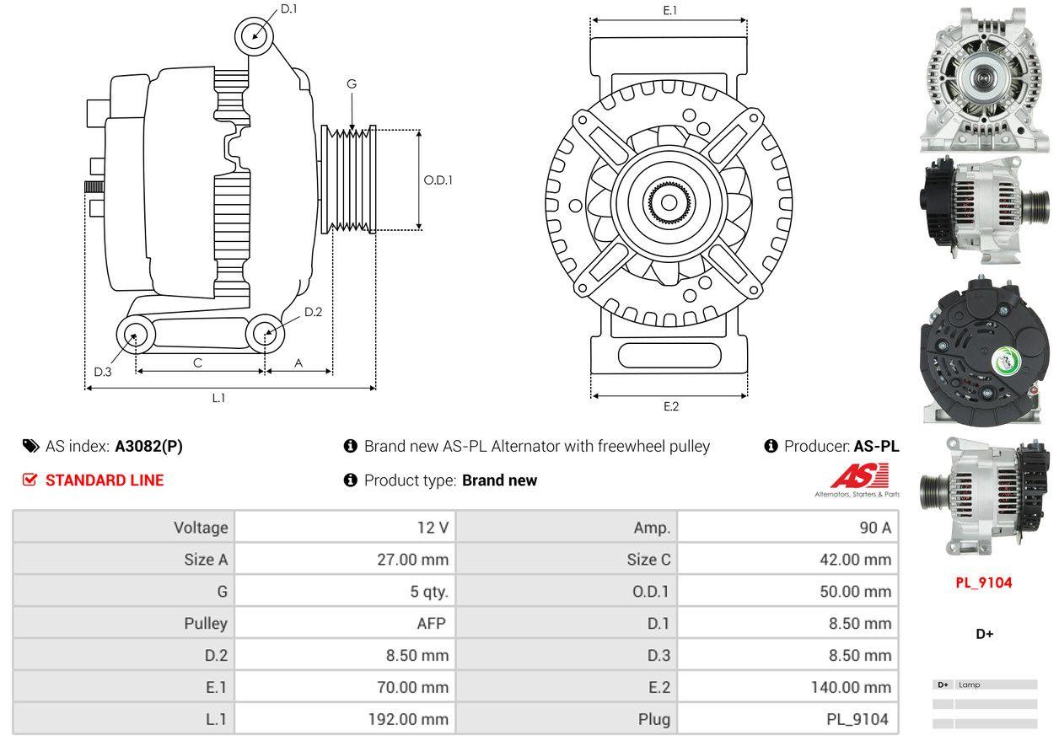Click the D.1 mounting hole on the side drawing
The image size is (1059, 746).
pyautogui.click(x=254, y=36)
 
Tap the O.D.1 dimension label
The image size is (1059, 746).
pyautogui.click(x=438, y=180)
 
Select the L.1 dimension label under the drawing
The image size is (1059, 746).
pyautogui.click(x=218, y=398)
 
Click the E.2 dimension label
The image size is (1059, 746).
pyautogui.click(x=670, y=406)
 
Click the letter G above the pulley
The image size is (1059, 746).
pyautogui.click(x=352, y=83)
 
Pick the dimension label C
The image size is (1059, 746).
pyautogui.click(x=197, y=362)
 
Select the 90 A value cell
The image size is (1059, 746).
pyautogui.click(x=874, y=528)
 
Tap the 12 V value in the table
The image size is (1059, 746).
pyautogui.click(x=433, y=528)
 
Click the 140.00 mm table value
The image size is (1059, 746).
pyautogui.click(x=851, y=688)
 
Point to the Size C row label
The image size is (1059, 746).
pyautogui.click(x=649, y=560)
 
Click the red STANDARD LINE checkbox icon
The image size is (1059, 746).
pyautogui.click(x=30, y=480)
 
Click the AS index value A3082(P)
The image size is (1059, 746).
pyautogui.click(x=148, y=446)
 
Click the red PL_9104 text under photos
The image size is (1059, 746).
pyautogui.click(x=984, y=582)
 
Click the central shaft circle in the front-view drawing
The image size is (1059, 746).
pyautogui.click(x=669, y=203)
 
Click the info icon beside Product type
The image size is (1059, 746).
pyautogui.click(x=351, y=480)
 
